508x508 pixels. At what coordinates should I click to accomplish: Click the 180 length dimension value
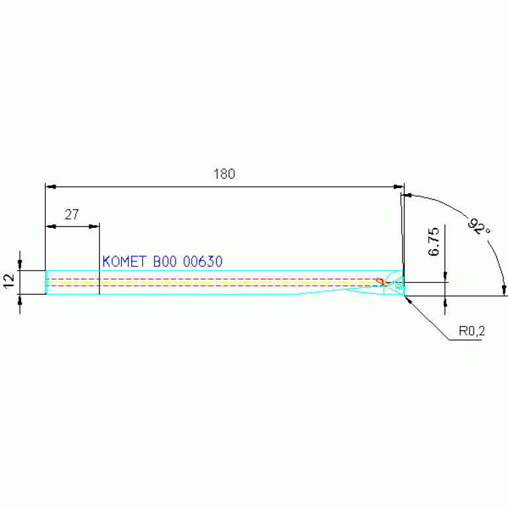point(224,174)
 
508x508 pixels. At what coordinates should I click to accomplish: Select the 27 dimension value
point(72,215)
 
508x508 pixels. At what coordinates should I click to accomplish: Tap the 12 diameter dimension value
point(9,281)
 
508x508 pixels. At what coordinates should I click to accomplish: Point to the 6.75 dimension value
point(434,242)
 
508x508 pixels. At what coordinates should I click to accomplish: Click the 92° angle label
point(479,226)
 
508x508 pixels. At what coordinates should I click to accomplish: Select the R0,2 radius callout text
point(472,330)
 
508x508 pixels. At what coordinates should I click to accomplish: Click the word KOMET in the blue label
point(125,262)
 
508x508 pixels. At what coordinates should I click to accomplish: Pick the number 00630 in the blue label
point(203,262)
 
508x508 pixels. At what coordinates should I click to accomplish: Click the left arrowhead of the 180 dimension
point(51,187)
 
